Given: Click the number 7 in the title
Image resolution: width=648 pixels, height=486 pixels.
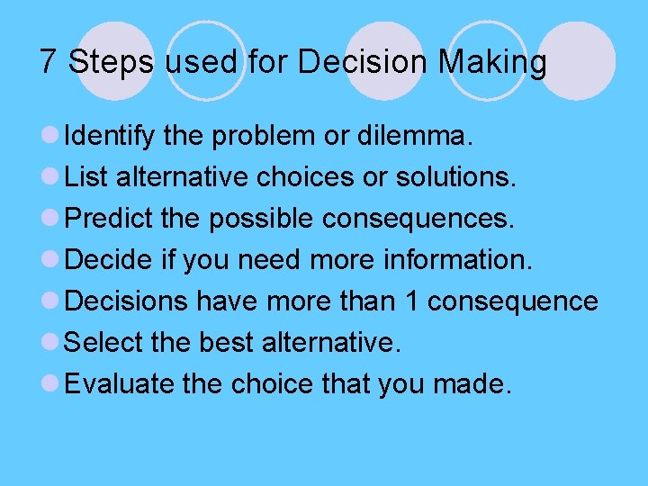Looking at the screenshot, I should click(x=49, y=63).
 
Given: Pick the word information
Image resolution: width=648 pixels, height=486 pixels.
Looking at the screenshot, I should click(x=455, y=261).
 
